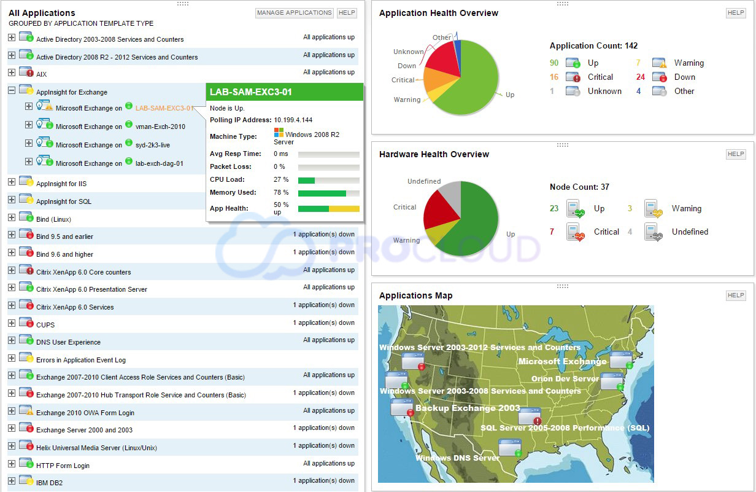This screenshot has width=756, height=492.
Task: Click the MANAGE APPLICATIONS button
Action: [294, 13]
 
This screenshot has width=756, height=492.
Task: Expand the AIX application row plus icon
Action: [12, 73]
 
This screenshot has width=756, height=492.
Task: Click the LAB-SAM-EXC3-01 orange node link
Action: [163, 108]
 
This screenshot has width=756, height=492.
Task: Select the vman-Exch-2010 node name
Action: [160, 127]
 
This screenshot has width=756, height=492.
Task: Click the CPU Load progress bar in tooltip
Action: [328, 180]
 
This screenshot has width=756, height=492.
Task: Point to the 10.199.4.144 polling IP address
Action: [293, 120]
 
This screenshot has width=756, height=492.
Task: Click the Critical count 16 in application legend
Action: [554, 77]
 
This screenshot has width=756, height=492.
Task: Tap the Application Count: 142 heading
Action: [593, 46]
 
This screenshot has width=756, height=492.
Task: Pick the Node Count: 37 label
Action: [579, 187]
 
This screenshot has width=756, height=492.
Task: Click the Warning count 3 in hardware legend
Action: [630, 209]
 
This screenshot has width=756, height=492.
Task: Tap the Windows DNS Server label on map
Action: [457, 458]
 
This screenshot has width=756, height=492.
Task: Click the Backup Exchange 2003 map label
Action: [468, 408]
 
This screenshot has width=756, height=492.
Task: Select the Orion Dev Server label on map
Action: [565, 379]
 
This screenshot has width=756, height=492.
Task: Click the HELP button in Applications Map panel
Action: [735, 295]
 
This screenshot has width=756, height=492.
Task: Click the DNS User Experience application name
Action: [68, 342]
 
